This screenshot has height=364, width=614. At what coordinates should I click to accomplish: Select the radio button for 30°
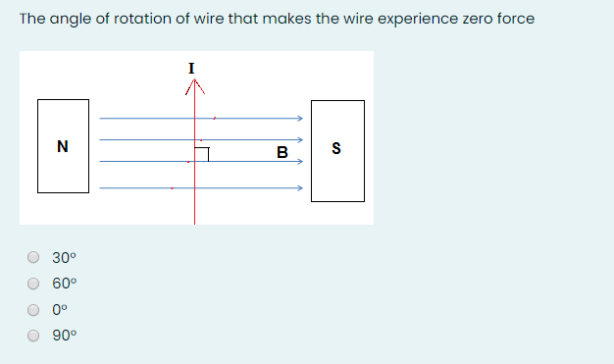pyautogui.click(x=33, y=258)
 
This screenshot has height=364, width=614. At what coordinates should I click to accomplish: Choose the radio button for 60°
pyautogui.click(x=33, y=284)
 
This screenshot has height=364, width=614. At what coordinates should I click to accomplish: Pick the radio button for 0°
pyautogui.click(x=33, y=309)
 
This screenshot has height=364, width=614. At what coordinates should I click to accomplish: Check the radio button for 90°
pyautogui.click(x=33, y=335)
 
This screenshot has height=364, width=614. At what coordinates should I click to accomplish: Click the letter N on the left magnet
pyautogui.click(x=63, y=148)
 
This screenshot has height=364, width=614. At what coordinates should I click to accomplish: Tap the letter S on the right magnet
pyautogui.click(x=337, y=150)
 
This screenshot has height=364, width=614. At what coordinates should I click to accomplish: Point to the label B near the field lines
pyautogui.click(x=282, y=153)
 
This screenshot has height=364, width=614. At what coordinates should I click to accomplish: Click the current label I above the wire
pyautogui.click(x=191, y=67)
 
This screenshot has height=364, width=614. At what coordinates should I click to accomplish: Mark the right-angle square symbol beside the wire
pyautogui.click(x=202, y=154)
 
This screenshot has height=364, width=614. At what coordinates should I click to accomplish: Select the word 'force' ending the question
pyautogui.click(x=512, y=19)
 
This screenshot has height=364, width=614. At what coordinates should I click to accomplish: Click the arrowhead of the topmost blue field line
pyautogui.click(x=298, y=118)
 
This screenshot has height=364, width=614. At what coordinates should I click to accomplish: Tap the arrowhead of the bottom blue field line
pyautogui.click(x=298, y=188)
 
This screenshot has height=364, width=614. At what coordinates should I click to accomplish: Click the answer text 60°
pyautogui.click(x=64, y=284)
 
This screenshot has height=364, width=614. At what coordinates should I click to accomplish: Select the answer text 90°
pyautogui.click(x=64, y=335)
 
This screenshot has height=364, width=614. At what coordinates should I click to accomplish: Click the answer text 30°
pyautogui.click(x=64, y=258)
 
